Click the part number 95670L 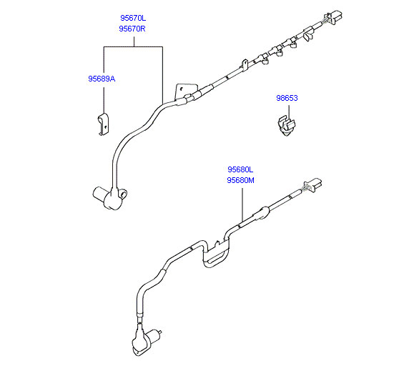click(133, 18)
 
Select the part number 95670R click(132, 29)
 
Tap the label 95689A click(102, 79)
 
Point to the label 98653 click(287, 98)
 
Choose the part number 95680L click(240, 169)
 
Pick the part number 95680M click(240, 180)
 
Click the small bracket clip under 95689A click(104, 124)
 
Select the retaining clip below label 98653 click(286, 125)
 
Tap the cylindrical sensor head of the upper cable click(109, 197)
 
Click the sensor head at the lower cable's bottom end click(146, 341)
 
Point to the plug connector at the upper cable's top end click(334, 16)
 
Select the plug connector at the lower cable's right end click(313, 184)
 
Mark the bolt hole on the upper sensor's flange click(123, 195)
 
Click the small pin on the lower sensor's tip click(159, 332)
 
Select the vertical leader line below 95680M click(242, 205)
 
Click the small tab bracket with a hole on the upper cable click(245, 64)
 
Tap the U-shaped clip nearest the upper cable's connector click(307, 34)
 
